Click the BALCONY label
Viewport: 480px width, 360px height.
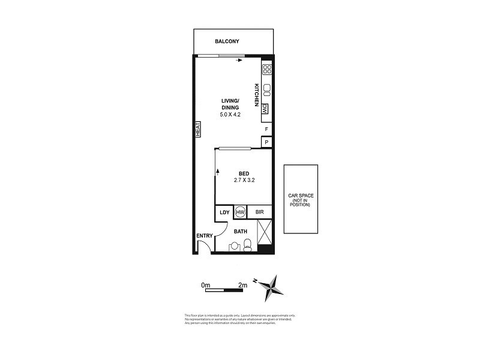[227, 41]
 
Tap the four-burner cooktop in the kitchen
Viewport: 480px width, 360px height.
[267, 69]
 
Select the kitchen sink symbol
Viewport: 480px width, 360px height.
[267, 91]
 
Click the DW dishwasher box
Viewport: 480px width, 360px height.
[265, 109]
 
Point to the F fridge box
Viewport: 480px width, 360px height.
[266, 129]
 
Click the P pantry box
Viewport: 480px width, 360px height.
[266, 142]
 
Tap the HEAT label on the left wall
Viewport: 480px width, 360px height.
[196, 129]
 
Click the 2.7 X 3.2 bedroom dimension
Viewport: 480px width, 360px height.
[244, 179]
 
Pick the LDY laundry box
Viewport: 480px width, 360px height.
[224, 212]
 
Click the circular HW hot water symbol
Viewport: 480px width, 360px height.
[241, 212]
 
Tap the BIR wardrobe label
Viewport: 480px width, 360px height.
[260, 212]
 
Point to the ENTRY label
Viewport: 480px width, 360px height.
[205, 235]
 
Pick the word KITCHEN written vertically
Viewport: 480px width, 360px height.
[256, 95]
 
